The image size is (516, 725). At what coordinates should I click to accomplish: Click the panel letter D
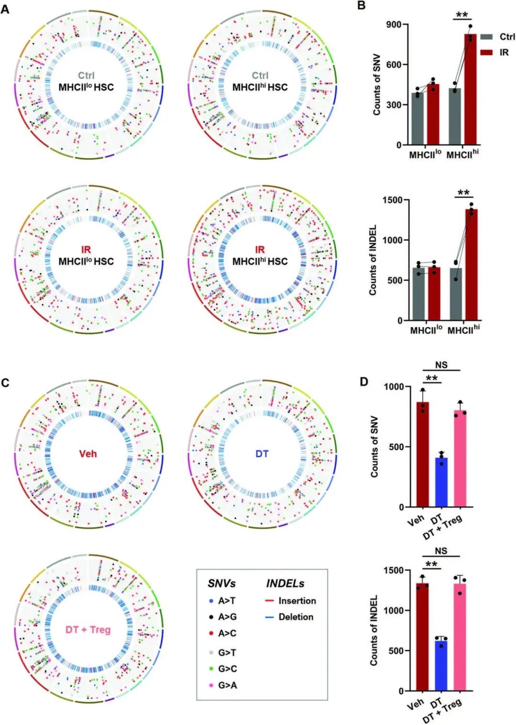(364, 382)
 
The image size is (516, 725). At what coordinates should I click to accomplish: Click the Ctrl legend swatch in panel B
(486, 37)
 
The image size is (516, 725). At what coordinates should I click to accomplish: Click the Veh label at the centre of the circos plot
(87, 453)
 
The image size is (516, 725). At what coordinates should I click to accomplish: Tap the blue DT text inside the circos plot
(262, 453)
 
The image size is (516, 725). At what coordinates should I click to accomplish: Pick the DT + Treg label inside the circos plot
(87, 629)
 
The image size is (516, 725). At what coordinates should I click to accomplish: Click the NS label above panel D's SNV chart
(441, 365)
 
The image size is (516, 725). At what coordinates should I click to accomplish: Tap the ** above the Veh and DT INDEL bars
(431, 564)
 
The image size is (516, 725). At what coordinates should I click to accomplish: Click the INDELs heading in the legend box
(285, 584)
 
